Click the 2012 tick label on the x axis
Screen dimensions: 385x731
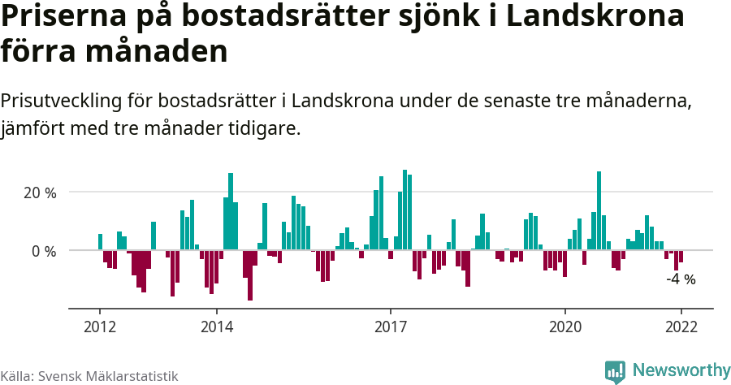(x=99, y=327)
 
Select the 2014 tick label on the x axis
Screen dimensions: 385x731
(x=216, y=327)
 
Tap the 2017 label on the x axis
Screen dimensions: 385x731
(x=391, y=327)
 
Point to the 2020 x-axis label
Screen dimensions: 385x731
(x=565, y=327)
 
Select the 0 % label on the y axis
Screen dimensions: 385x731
(x=44, y=251)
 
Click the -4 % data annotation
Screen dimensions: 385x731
(x=681, y=279)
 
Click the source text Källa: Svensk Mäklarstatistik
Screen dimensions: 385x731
(x=89, y=376)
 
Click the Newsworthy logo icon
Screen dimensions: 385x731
(x=615, y=371)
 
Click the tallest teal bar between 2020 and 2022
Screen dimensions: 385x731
(x=599, y=210)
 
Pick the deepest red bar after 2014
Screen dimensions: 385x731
(x=250, y=275)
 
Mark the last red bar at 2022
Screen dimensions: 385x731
(x=681, y=257)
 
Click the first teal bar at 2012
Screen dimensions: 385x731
(x=100, y=242)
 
